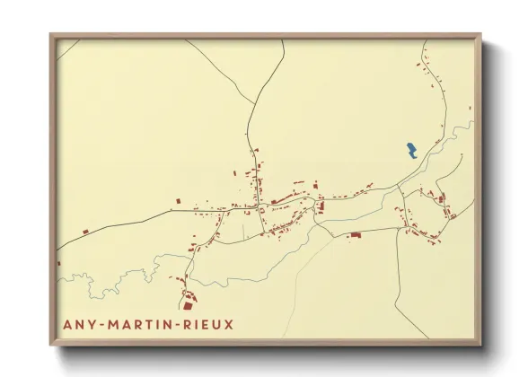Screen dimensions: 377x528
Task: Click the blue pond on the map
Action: coord(411,150)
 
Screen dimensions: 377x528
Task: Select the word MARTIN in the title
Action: coord(140,324)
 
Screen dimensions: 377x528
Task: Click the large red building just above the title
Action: coord(188,302)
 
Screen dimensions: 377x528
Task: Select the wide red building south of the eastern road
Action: coord(355,235)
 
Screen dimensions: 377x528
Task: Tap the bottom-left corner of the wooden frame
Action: coord(51,344)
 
